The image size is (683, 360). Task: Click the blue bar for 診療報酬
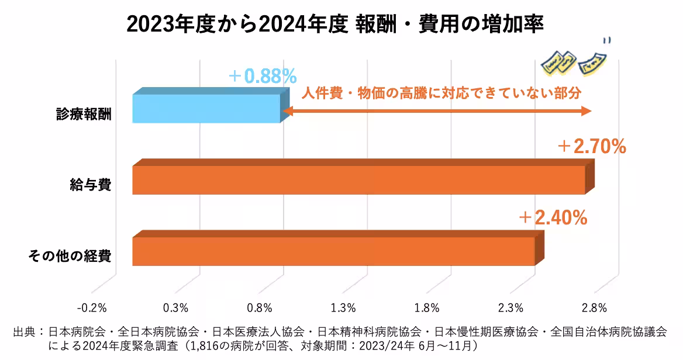207,108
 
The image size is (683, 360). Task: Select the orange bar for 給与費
358,180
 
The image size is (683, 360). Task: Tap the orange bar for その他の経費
333,251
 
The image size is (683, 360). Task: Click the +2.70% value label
591,147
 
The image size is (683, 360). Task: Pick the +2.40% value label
553,218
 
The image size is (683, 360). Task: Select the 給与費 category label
95,185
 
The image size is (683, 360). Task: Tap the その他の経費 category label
70,256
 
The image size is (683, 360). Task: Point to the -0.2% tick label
92,307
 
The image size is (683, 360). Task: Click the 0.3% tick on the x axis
176,307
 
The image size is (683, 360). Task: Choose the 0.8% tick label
260,307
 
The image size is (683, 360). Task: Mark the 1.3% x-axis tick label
343,307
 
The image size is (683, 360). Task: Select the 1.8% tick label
427,307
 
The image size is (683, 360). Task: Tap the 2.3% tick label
510,307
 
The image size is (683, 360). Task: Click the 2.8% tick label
594,307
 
